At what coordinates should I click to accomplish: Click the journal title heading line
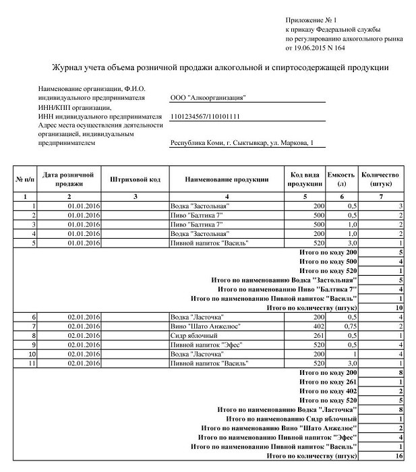(x=220, y=68)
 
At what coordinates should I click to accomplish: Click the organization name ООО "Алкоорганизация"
(x=208, y=98)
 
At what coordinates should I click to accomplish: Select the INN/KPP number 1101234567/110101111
(x=206, y=116)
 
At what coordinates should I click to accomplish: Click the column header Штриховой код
(x=135, y=179)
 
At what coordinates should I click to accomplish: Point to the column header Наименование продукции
(x=228, y=179)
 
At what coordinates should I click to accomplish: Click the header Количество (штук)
(x=380, y=179)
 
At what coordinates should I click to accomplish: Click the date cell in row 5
(x=84, y=242)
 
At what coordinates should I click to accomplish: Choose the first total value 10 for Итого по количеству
(x=398, y=307)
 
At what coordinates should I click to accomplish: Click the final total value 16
(x=398, y=456)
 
